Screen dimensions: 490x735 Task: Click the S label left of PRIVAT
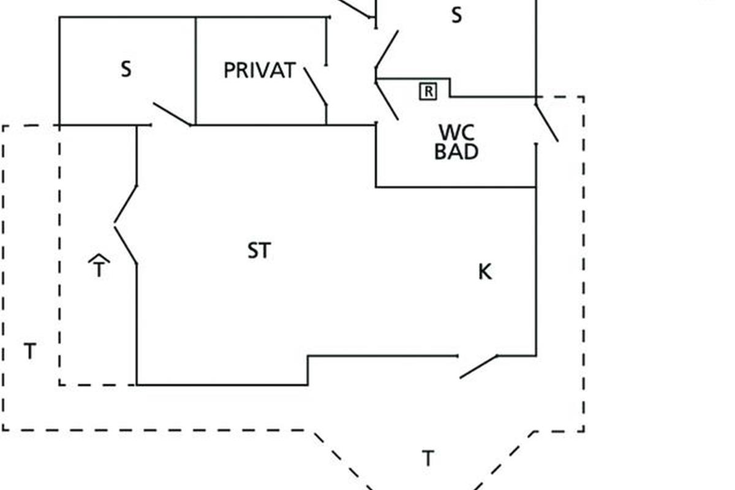coord(126,69)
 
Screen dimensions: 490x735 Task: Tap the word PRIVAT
coord(259,70)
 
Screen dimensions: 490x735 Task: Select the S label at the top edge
coord(456,15)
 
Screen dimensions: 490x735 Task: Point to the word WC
coord(456,132)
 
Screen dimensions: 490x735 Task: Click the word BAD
coord(456,151)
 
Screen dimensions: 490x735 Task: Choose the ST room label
coord(258,251)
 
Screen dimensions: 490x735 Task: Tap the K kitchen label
coord(484,271)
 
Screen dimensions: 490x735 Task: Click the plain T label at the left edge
coord(29,352)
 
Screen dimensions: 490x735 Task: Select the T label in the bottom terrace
coord(428,458)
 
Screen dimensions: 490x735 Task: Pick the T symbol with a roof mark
coord(99,266)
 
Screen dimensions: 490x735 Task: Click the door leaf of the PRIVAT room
coord(315,86)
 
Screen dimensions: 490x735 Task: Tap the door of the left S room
coord(172,114)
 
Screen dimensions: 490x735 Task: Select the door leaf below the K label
coord(478,366)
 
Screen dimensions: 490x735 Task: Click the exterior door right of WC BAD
coord(546,123)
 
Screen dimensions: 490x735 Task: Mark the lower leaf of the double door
coord(126,245)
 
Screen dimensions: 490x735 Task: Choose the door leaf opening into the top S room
coord(386,49)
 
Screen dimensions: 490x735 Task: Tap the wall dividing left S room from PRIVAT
coord(196,70)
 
